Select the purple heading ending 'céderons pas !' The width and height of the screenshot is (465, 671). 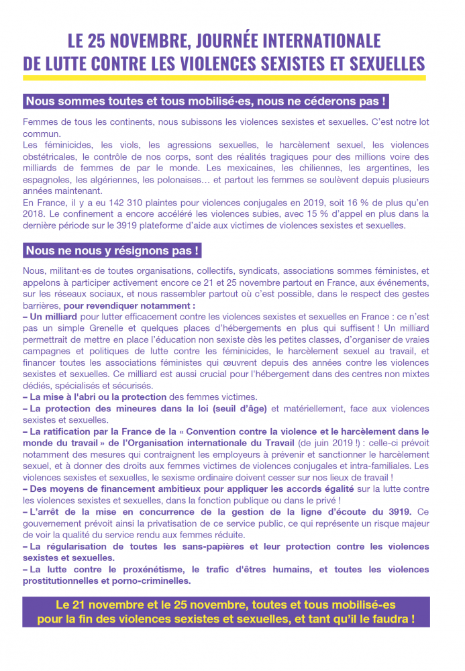(206, 101)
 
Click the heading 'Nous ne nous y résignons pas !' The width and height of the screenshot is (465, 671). (112, 251)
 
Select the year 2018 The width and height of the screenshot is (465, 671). (34, 214)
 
